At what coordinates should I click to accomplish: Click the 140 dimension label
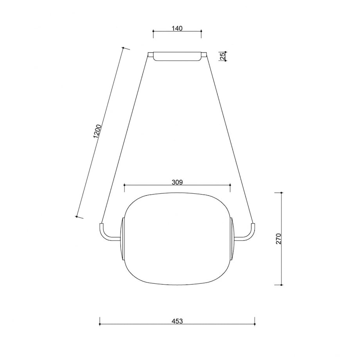tap(177, 28)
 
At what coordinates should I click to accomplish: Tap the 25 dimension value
tap(222, 56)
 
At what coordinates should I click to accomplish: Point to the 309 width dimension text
tap(177, 182)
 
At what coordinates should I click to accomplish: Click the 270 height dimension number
tap(278, 239)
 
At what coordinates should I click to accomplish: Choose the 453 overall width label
tap(177, 321)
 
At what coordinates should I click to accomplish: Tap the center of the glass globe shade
tap(177, 239)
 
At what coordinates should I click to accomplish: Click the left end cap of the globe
tap(123, 239)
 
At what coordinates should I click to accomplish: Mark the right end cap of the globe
tap(232, 239)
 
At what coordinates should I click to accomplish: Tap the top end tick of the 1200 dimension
tap(123, 48)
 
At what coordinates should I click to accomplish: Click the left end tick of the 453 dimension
tap(100, 324)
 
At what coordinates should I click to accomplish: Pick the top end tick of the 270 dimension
tap(281, 193)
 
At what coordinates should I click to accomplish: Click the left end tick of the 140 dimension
tap(153, 34)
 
